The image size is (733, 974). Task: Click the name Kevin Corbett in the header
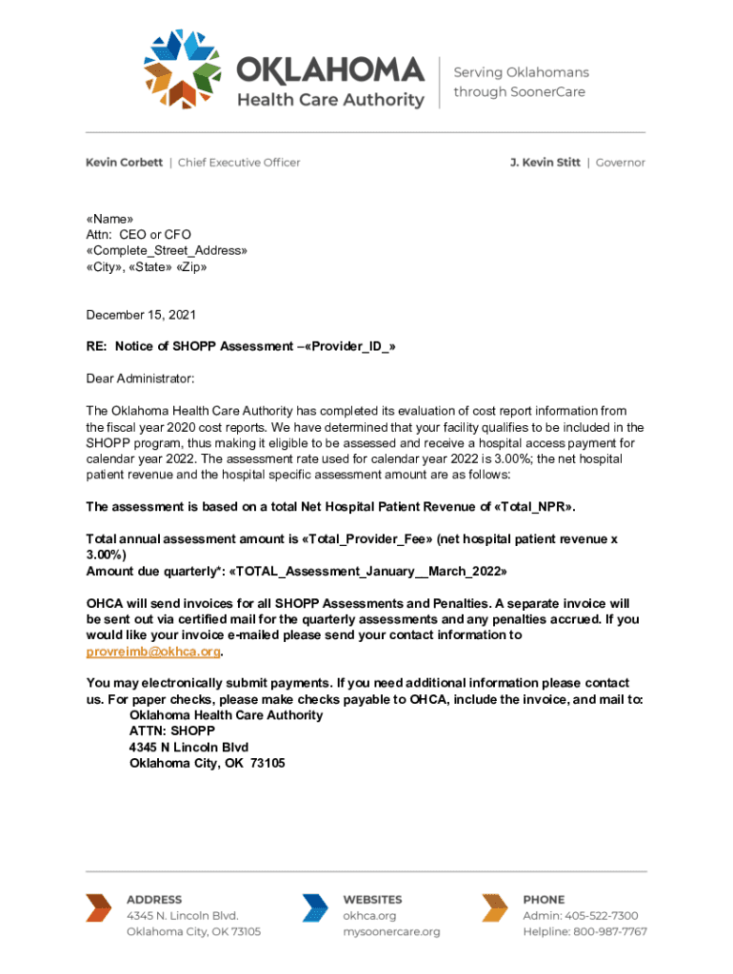[124, 163]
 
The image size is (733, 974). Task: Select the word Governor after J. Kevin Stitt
[621, 163]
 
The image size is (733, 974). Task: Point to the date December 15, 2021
[141, 315]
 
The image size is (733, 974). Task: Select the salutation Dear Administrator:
[140, 379]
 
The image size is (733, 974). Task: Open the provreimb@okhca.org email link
[153, 652]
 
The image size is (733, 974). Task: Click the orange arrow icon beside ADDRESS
[98, 908]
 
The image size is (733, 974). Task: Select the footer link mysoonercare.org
[391, 932]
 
